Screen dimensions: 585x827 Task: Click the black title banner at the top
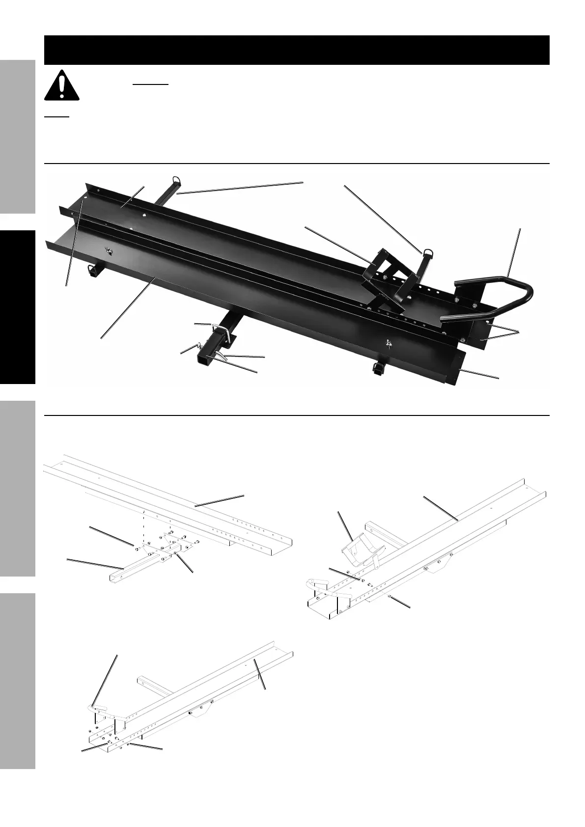(296, 50)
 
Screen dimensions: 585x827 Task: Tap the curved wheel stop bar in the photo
(496, 295)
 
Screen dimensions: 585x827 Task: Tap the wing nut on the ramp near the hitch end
(390, 343)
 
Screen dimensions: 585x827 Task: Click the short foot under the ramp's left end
(91, 270)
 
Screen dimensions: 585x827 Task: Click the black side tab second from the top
(18, 307)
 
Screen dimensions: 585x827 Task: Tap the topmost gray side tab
(18, 138)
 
